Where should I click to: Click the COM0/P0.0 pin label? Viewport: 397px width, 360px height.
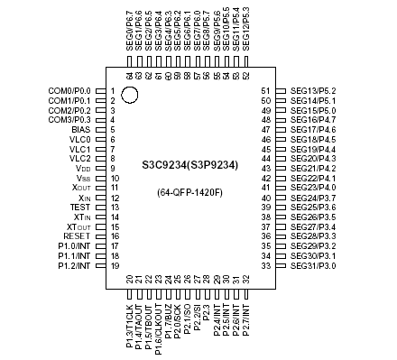(69, 91)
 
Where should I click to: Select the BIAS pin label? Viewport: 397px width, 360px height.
(79, 130)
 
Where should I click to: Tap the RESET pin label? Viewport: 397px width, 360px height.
(77, 236)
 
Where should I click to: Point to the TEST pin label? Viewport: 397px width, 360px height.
(79, 208)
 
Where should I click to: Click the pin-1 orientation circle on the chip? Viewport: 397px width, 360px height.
(130, 93)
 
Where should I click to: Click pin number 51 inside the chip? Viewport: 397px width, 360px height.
(266, 91)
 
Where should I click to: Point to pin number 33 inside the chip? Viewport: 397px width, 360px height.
(266, 265)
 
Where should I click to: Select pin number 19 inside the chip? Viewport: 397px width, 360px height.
(115, 265)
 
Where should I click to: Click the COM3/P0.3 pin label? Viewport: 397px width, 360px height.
(69, 120)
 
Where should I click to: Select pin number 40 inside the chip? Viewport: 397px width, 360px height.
(266, 198)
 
